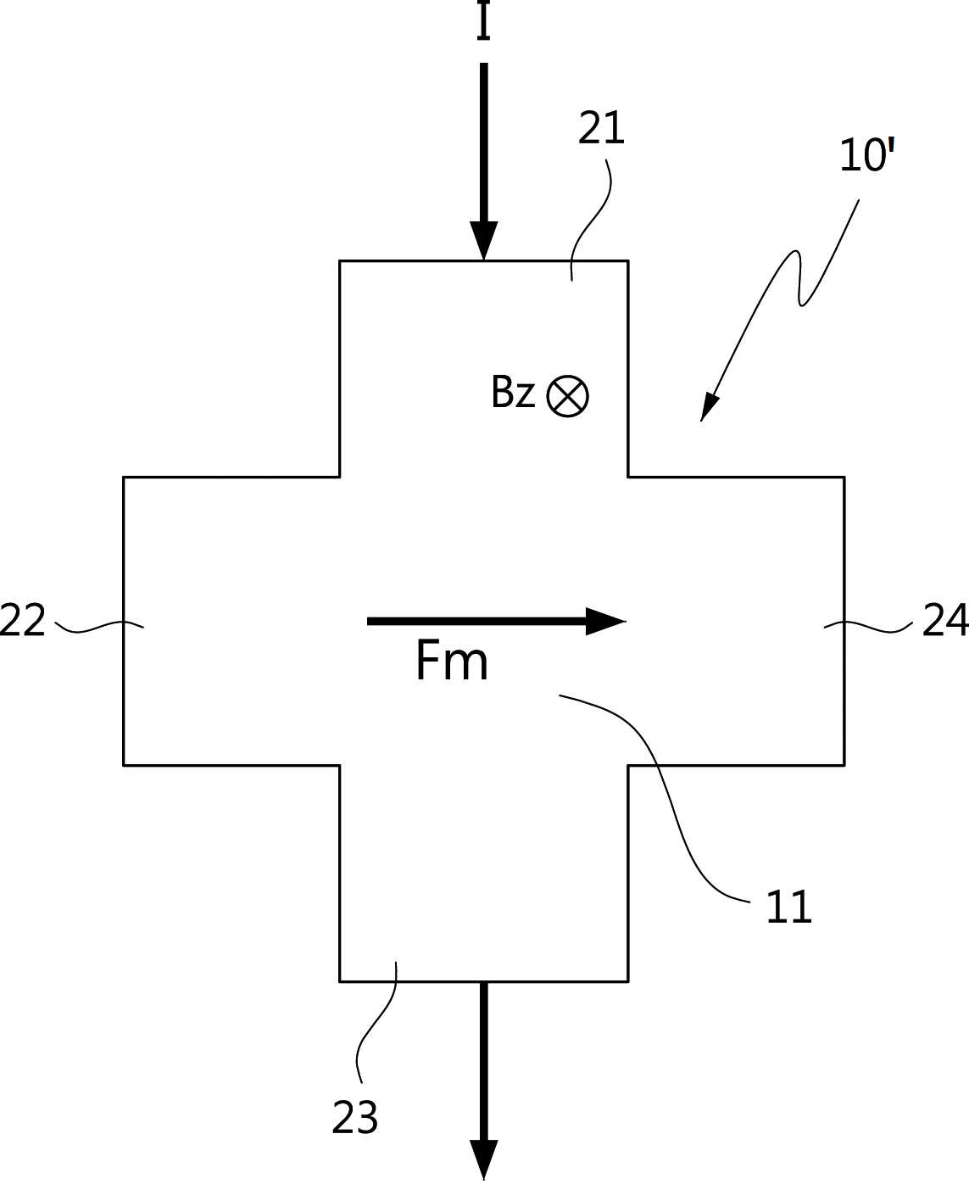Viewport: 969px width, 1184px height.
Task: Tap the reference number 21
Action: tap(601, 128)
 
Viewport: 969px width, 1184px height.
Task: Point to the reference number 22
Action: tap(22, 620)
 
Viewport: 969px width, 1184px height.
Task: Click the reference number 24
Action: tap(945, 619)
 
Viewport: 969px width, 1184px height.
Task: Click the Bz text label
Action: tap(512, 391)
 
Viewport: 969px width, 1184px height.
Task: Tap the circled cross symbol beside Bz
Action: tap(568, 396)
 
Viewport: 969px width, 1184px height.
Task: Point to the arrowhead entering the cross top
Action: tap(484, 241)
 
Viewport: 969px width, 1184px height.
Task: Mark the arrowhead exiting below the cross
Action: tap(484, 1159)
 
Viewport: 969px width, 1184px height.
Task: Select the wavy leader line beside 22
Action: tap(98, 626)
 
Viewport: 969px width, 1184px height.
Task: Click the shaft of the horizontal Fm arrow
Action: tap(476, 621)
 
